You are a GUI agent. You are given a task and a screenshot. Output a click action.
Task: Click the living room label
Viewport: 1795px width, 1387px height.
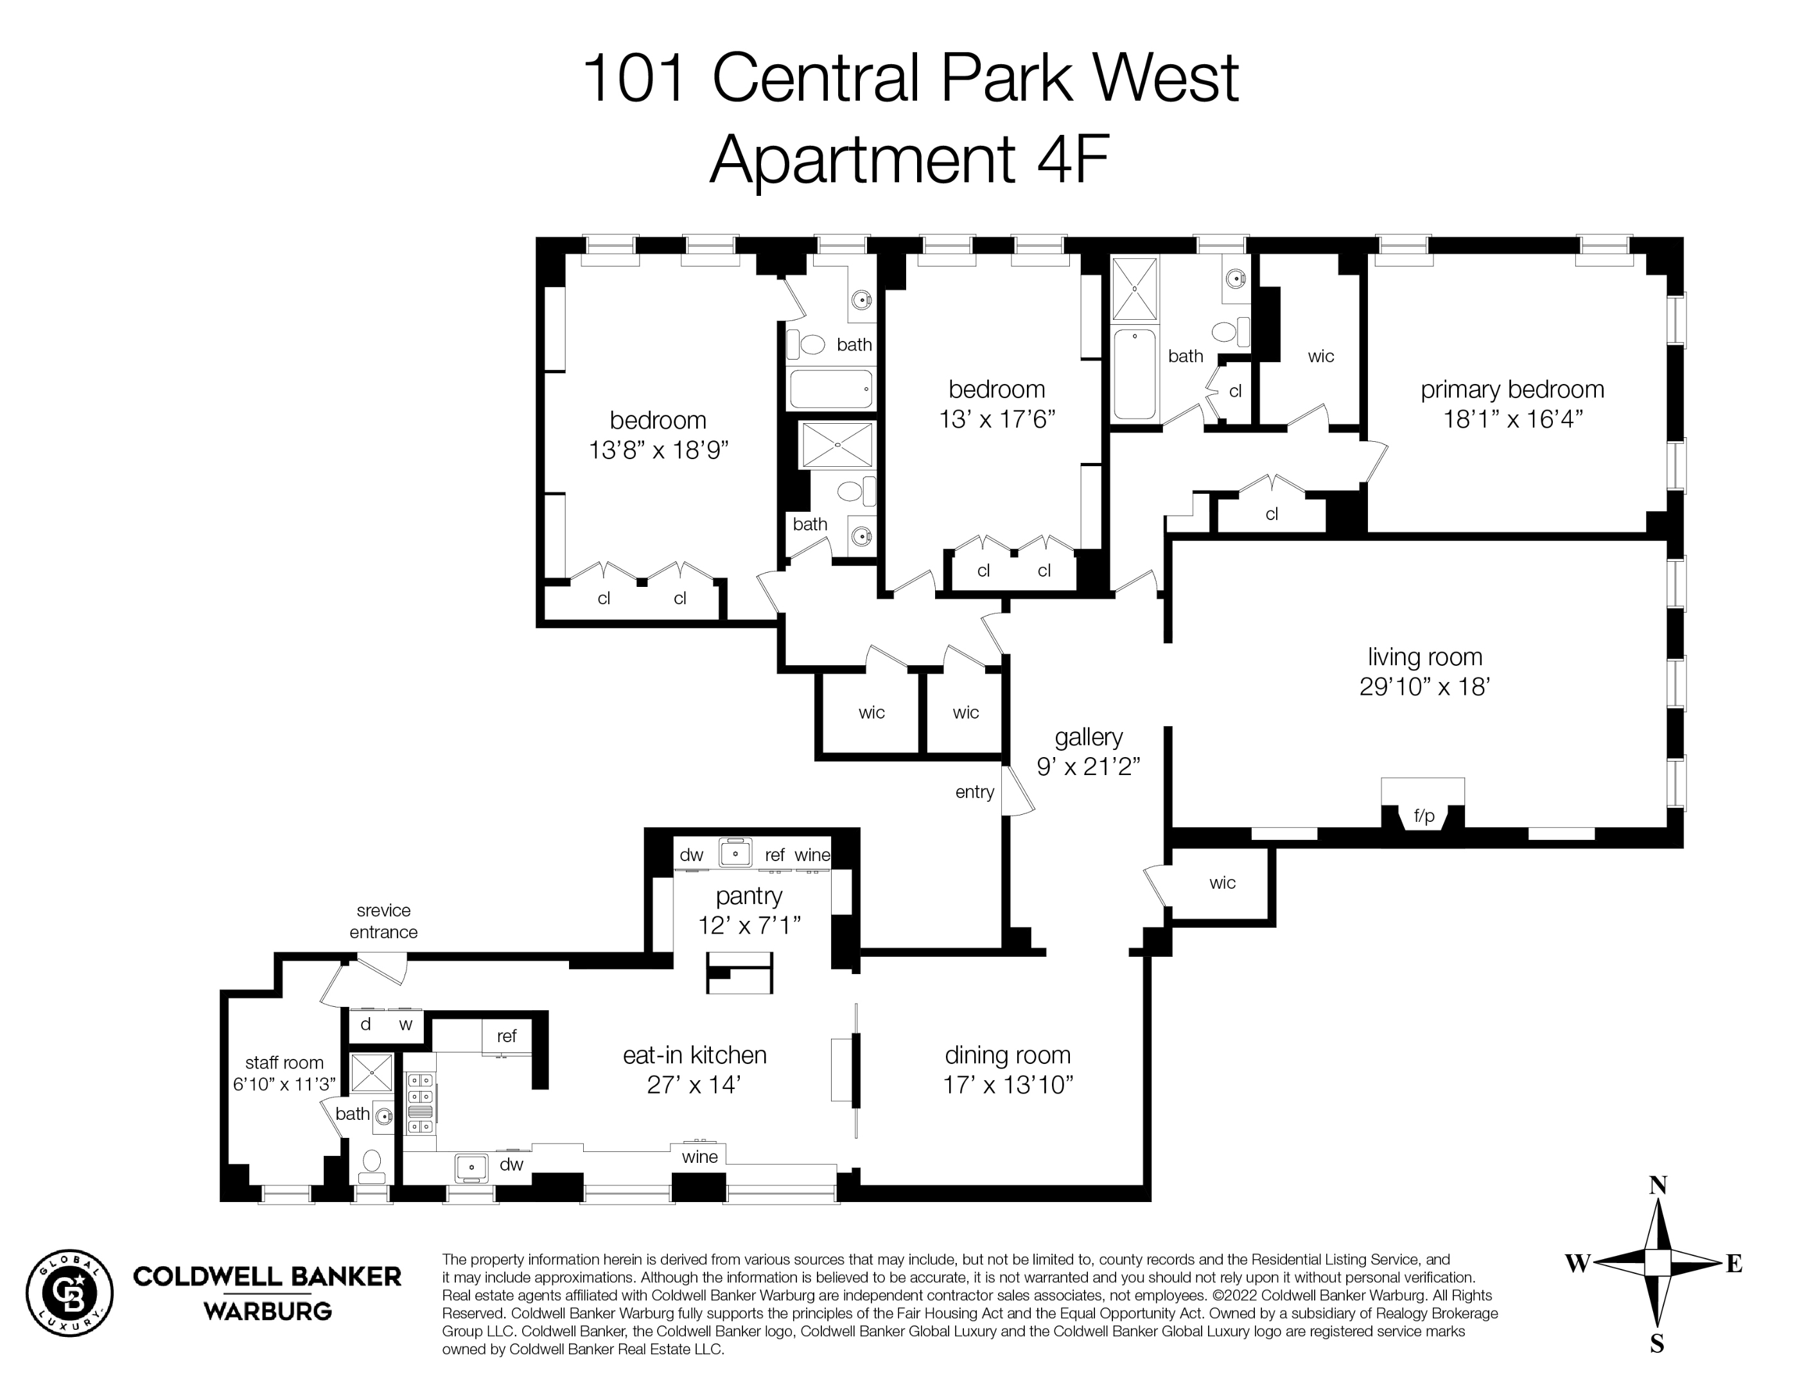[x=1424, y=658]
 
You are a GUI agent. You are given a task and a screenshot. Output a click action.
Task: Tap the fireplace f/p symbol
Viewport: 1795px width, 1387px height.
[x=1424, y=816]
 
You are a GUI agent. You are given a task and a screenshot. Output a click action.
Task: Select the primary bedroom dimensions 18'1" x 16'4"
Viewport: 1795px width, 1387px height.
[x=1512, y=419]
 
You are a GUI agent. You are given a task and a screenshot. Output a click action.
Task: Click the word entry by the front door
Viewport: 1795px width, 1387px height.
[x=975, y=792]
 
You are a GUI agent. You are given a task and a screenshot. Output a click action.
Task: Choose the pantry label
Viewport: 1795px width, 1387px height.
[x=749, y=896]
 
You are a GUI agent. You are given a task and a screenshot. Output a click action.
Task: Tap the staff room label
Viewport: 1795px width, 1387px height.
[x=285, y=1063]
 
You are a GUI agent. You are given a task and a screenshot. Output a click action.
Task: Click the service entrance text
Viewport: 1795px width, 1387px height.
[x=383, y=921]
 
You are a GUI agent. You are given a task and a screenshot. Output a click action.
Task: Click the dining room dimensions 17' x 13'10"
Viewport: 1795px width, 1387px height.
[x=1008, y=1085]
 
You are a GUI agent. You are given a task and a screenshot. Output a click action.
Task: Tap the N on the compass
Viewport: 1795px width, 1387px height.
[x=1658, y=1185]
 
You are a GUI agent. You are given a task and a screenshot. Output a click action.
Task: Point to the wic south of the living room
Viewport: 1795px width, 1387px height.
[x=1222, y=884]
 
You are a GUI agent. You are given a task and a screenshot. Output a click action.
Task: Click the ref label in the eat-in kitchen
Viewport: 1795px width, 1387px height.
[x=506, y=1036]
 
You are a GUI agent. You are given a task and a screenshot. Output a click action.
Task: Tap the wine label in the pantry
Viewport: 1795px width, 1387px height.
[x=812, y=855]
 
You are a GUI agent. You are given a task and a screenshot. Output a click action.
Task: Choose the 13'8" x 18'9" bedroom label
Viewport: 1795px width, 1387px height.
[x=658, y=435]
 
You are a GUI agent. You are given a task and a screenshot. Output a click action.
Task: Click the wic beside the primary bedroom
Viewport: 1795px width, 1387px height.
[x=1321, y=356]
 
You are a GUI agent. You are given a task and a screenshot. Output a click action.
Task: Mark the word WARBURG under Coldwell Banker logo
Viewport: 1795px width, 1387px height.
[x=267, y=1311]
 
